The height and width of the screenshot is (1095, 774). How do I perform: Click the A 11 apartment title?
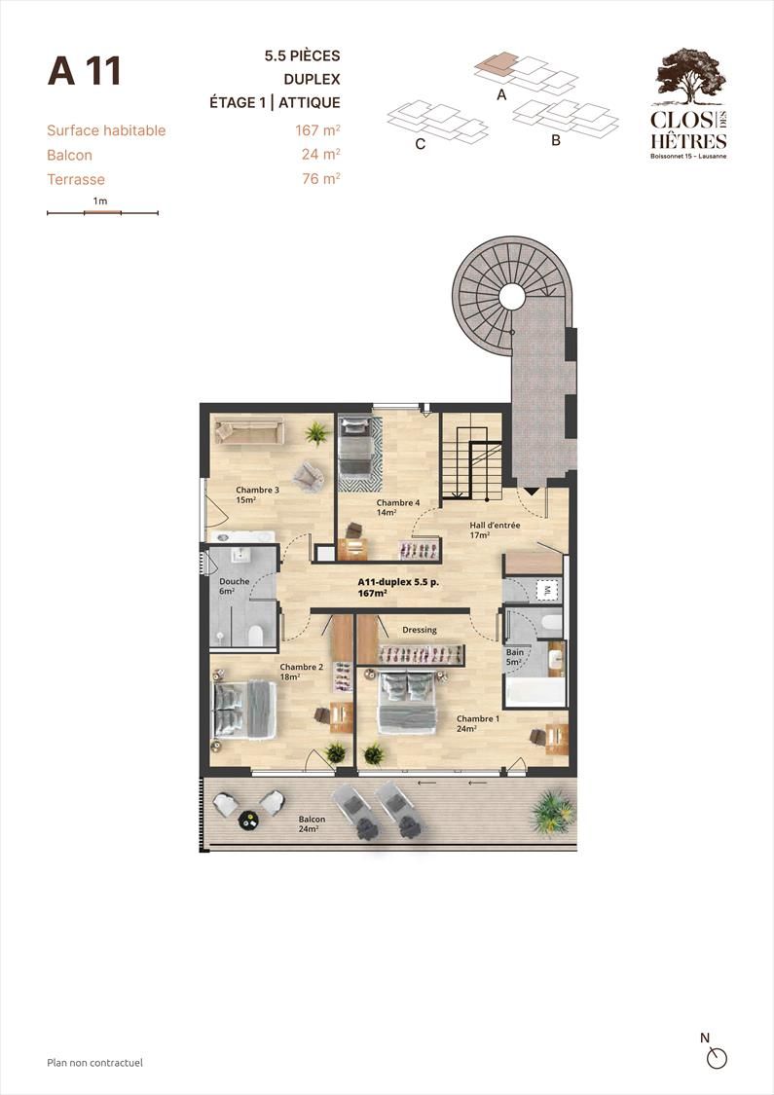pyautogui.click(x=85, y=70)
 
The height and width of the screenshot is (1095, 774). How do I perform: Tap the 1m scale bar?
pyautogui.click(x=102, y=212)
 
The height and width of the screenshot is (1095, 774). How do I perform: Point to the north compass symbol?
pyautogui.click(x=716, y=1059)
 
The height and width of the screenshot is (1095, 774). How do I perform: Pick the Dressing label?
pyautogui.click(x=420, y=630)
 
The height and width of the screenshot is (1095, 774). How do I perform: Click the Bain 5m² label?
pyautogui.click(x=515, y=657)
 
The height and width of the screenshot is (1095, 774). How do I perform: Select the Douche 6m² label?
pyautogui.click(x=234, y=586)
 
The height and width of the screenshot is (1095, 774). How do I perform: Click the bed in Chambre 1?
pyautogui.click(x=407, y=702)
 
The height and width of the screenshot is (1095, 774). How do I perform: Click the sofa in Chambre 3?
pyautogui.click(x=249, y=430)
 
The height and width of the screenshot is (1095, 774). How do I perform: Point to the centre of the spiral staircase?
pyautogui.click(x=512, y=297)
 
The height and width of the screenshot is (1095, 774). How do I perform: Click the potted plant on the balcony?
pyautogui.click(x=553, y=812)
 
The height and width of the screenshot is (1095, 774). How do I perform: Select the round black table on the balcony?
pyautogui.click(x=248, y=821)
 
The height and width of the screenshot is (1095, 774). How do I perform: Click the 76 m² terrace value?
pyautogui.click(x=320, y=179)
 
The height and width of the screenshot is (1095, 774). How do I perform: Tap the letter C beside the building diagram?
pyautogui.click(x=421, y=145)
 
